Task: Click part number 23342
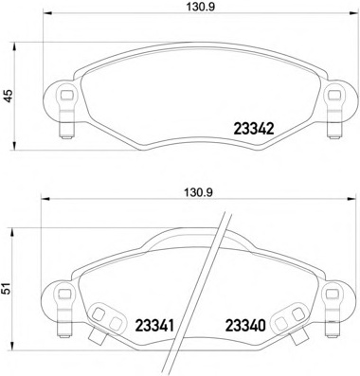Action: point(253,129)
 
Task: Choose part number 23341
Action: point(153,325)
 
